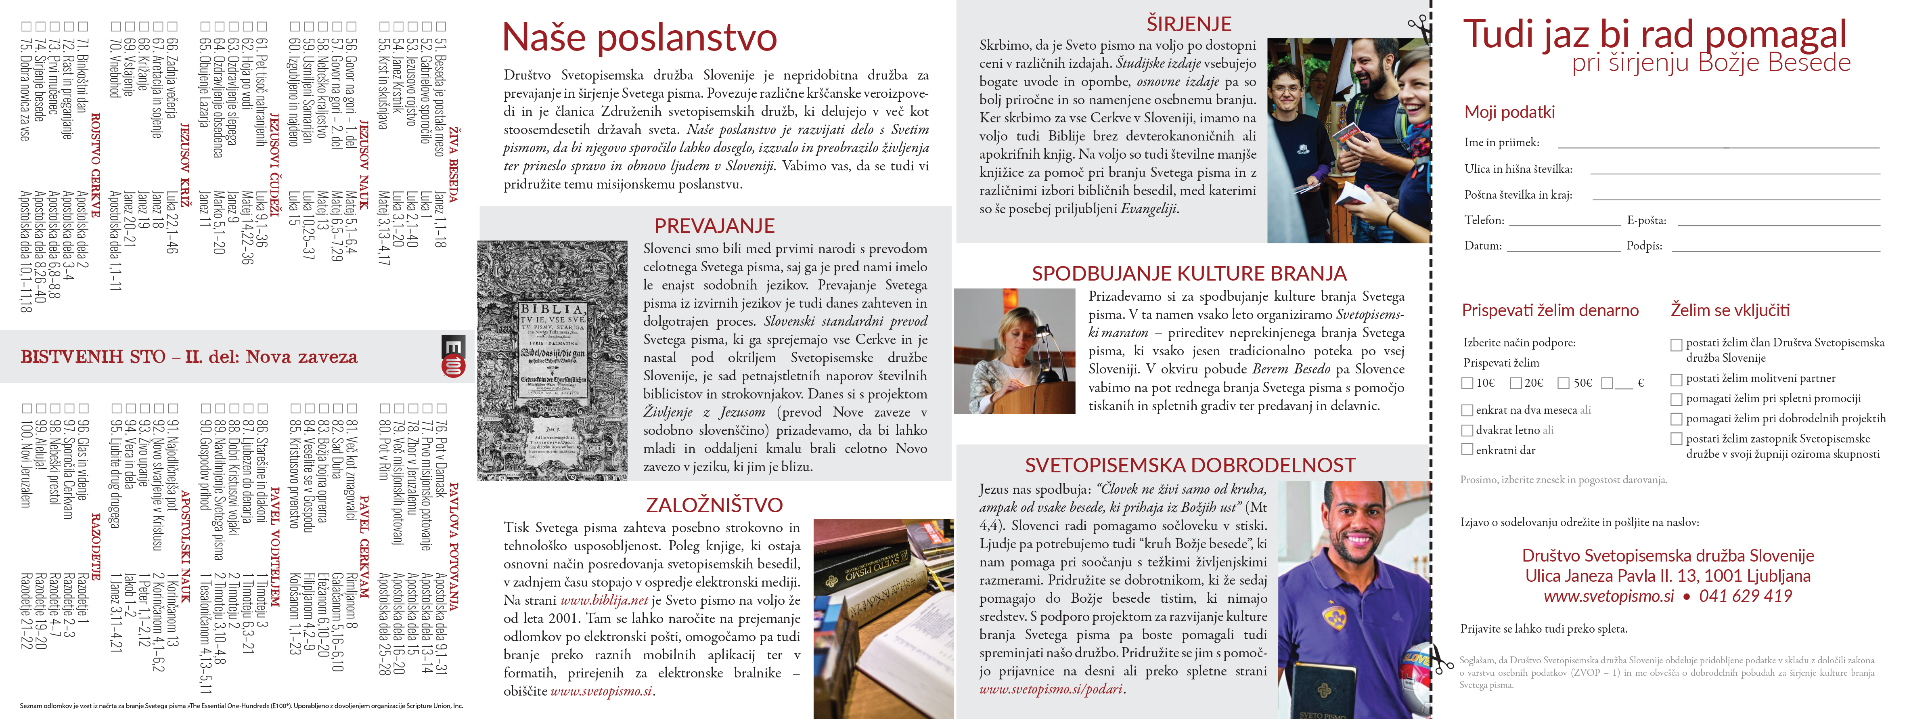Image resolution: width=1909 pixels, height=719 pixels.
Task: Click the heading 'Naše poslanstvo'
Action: [640, 38]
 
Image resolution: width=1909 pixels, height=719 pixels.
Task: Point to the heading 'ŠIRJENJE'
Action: [1189, 24]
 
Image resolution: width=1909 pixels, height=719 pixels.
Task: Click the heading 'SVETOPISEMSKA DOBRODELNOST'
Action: [1190, 465]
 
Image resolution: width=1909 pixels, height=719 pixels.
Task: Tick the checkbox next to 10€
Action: [1467, 383]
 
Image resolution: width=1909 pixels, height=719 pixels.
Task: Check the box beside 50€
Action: [1564, 383]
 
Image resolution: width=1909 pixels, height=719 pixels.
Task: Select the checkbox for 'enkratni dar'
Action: [1467, 449]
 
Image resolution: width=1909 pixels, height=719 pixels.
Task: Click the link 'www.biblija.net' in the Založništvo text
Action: [604, 600]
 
